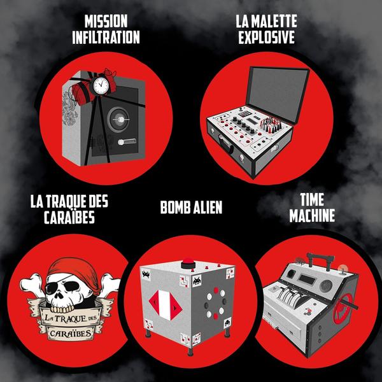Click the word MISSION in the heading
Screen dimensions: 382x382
106,21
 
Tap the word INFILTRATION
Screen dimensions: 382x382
106,38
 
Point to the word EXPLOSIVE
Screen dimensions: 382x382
267,37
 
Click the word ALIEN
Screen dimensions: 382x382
208,208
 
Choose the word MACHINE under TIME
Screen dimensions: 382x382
312,215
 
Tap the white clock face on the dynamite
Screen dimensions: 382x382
101,85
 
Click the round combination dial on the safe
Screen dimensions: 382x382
118,120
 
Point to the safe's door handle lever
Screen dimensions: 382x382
127,141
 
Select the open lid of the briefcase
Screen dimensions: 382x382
278,94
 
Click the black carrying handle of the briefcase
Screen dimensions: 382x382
225,145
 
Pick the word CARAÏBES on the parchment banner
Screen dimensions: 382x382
71,333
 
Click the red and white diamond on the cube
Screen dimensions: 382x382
166,305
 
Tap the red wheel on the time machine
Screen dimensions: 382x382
343,308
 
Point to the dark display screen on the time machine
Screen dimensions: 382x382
308,279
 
